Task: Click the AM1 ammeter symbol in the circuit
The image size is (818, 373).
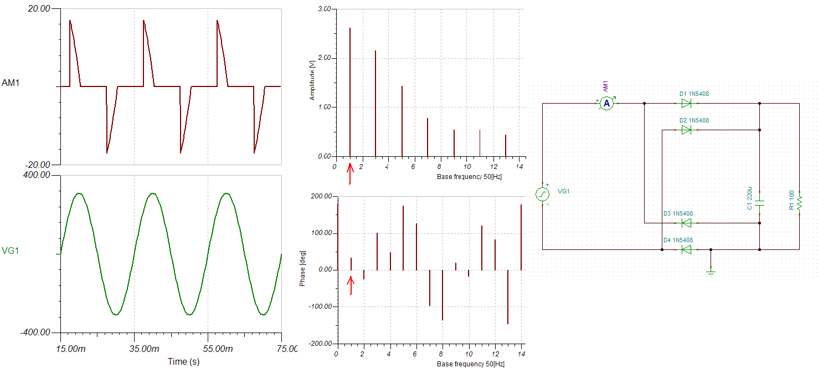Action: [606, 103]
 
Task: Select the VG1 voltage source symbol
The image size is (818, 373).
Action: [542, 194]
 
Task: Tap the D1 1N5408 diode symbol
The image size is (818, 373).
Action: [686, 103]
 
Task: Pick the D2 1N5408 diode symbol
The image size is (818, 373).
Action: [686, 130]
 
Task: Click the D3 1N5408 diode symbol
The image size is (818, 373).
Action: [686, 223]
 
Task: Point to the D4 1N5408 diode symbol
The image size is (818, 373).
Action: [686, 249]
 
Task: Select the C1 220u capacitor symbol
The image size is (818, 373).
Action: [759, 202]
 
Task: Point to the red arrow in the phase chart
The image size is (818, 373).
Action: [350, 285]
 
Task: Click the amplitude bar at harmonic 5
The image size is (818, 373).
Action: [402, 121]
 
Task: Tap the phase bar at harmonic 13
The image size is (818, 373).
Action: [508, 297]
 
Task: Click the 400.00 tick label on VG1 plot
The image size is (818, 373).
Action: [38, 175]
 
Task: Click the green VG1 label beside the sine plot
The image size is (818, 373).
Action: [11, 251]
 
